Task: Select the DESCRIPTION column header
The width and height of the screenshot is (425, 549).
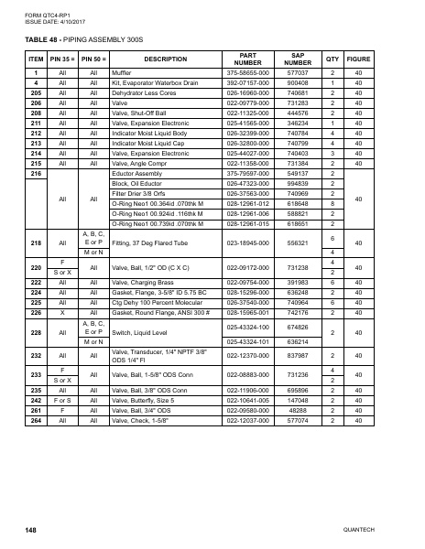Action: click(x=159, y=59)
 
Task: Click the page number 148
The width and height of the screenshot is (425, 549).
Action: click(x=31, y=530)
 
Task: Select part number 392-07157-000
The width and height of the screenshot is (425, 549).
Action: click(x=245, y=82)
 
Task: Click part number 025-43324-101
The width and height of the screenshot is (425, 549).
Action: click(x=245, y=342)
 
